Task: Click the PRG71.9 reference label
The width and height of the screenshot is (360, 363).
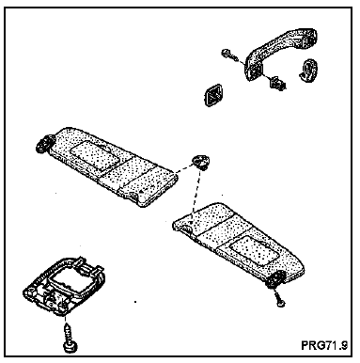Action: (324, 345)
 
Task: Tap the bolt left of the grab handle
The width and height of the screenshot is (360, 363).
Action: (229, 55)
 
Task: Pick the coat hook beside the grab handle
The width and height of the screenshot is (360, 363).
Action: (308, 70)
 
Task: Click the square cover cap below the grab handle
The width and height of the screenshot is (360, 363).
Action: (212, 94)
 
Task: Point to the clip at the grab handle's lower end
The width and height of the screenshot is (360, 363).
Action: (277, 82)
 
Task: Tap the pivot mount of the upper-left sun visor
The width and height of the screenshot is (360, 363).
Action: (43, 144)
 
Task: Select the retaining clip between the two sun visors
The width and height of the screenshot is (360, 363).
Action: (200, 162)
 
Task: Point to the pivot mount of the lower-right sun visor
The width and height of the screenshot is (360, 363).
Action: (274, 279)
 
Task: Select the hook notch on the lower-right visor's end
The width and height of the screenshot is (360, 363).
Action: (187, 229)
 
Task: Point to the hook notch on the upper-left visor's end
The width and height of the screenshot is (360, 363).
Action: (133, 196)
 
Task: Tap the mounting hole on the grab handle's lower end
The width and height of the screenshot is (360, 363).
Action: (253, 73)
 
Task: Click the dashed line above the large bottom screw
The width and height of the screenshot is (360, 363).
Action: (65, 319)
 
